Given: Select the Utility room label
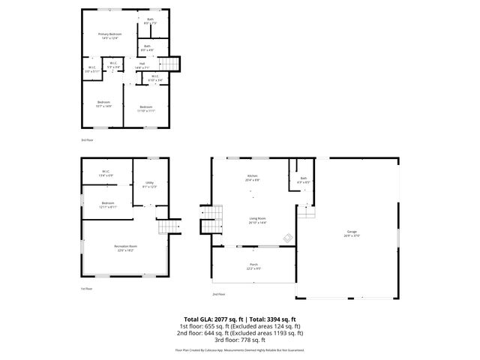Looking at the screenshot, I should pos(149,184).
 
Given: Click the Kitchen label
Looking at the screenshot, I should pos(253,178).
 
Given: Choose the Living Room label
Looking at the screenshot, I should pos(257,220).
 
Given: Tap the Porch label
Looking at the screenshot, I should pos(253,265).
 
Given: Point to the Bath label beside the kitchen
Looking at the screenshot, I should pos(303,178).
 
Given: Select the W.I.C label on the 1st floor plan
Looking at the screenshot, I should pos(106,172).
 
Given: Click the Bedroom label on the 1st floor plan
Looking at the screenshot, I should pos(108,203).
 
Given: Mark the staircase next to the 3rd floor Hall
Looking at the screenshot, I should pos(174,64).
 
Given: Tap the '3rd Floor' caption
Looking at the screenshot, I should pos(88,139).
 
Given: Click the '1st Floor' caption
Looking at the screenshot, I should pos(87,289).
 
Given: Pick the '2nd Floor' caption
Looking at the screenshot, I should pos(218,295).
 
